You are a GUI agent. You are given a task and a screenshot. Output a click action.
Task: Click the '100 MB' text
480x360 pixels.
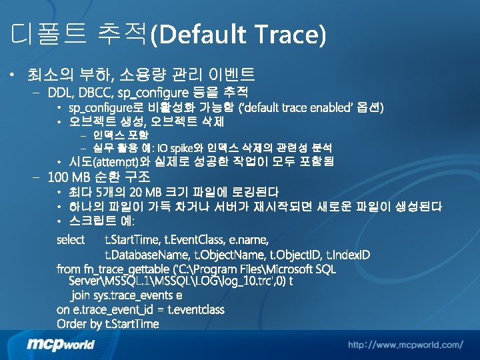click(69, 177)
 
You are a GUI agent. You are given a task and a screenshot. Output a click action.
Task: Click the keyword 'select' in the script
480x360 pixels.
click(71, 239)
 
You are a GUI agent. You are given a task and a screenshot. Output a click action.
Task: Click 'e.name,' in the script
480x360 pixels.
click(249, 239)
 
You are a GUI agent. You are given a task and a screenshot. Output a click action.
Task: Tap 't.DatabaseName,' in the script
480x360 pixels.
click(147, 255)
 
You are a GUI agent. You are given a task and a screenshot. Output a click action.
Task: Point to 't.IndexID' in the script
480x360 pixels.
click(347, 255)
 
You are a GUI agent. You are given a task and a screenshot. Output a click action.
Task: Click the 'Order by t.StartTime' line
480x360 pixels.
click(108, 325)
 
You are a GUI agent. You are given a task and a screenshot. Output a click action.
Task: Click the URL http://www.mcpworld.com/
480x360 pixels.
click(405, 345)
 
